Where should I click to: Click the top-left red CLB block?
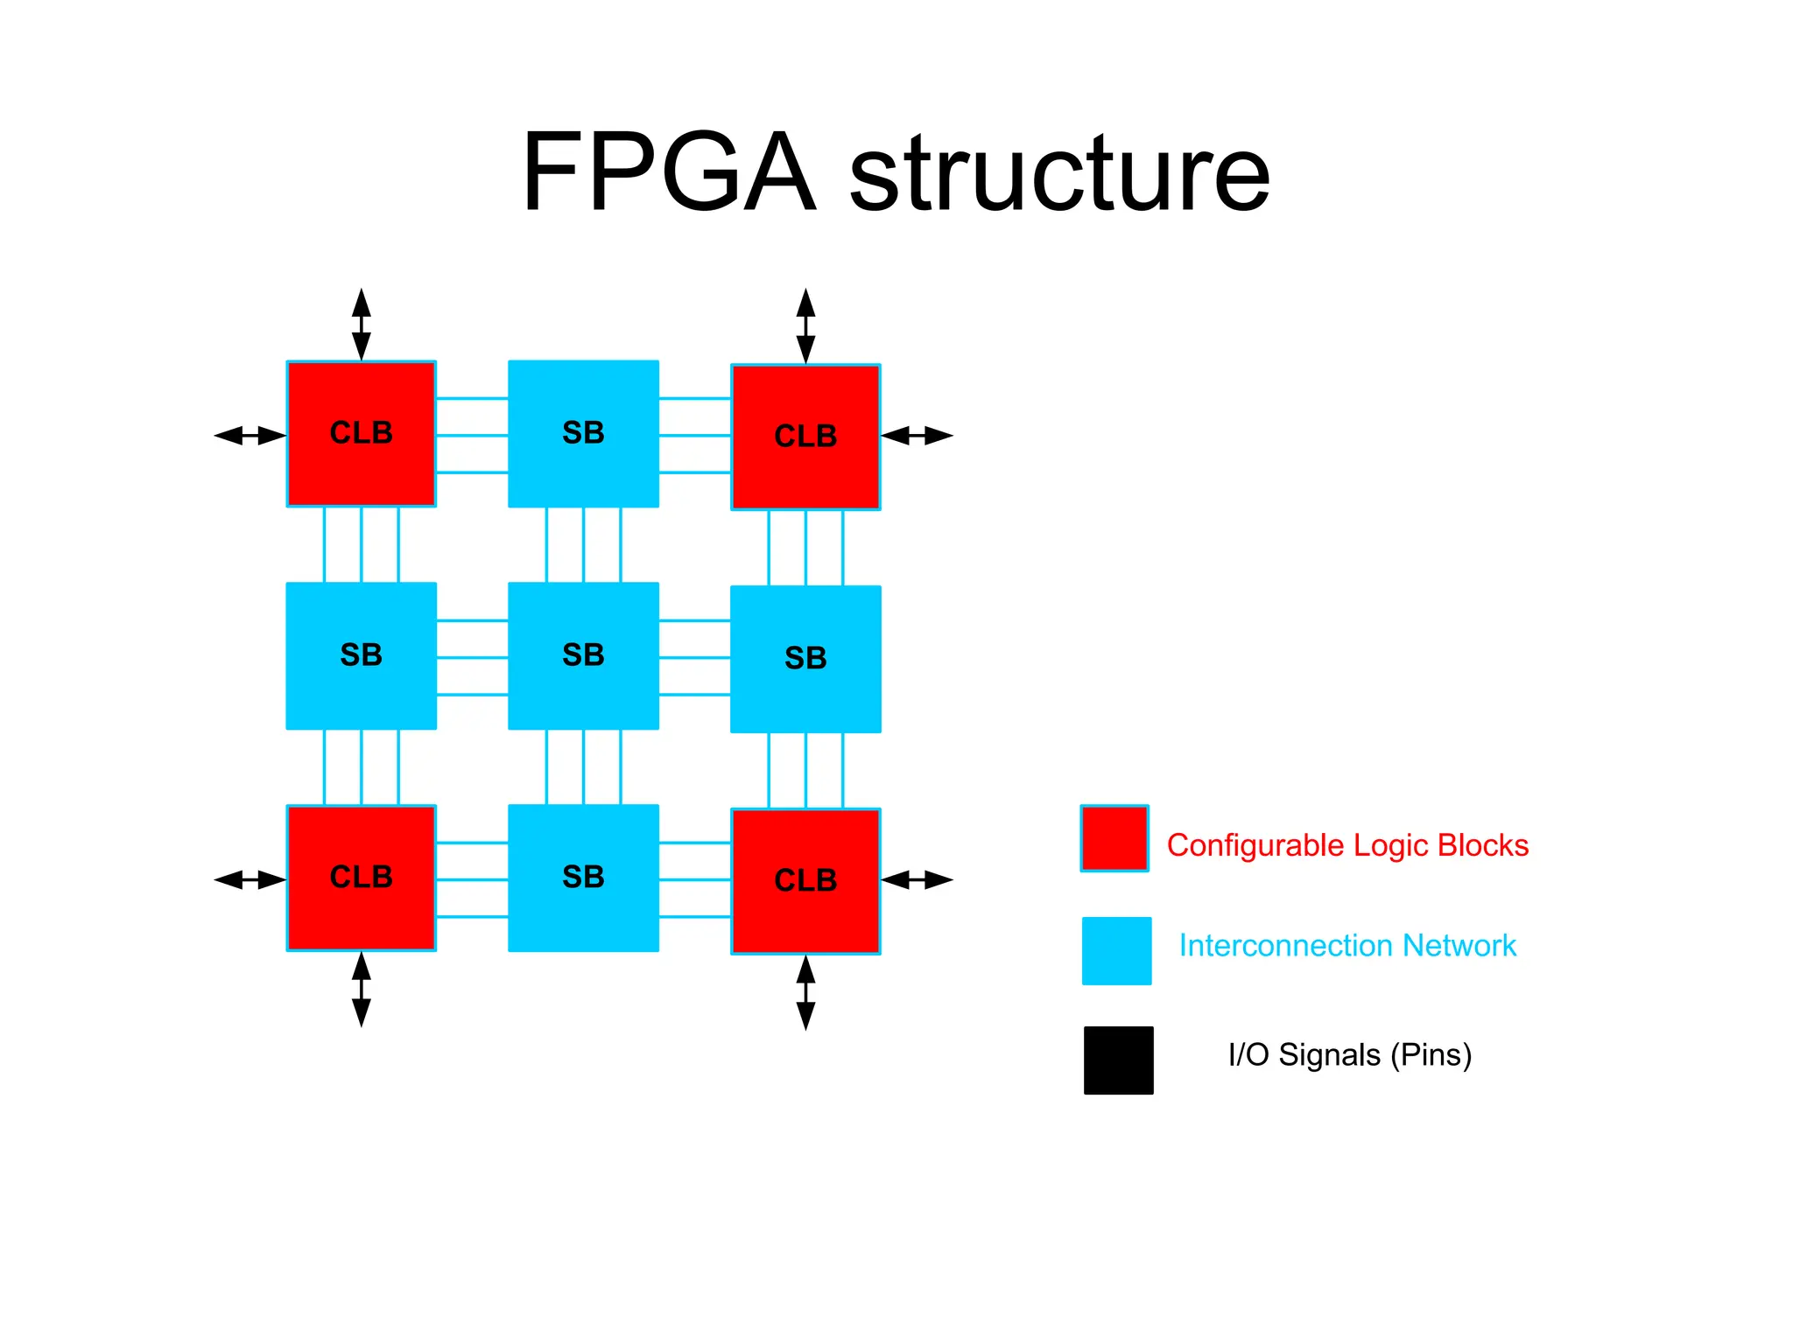[361, 434]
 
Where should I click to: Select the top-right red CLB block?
[805, 437]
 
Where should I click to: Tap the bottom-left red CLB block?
[361, 878]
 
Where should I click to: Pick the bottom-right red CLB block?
[805, 881]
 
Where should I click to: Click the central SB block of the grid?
[583, 655]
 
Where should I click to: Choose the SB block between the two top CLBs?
[583, 434]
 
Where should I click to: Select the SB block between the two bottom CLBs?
[583, 878]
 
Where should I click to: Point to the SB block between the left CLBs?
[361, 655]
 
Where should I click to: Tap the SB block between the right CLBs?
[805, 659]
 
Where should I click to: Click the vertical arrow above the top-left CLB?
[361, 324]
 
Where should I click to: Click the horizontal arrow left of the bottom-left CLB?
[250, 879]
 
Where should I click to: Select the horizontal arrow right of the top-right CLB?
[917, 435]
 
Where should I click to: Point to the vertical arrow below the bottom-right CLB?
[805, 992]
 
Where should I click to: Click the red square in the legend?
[1114, 838]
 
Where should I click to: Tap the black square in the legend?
[1118, 1060]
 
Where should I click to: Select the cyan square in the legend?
[1116, 950]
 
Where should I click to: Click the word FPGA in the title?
[669, 172]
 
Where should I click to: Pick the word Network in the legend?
[1459, 946]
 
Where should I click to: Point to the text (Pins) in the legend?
[1431, 1055]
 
